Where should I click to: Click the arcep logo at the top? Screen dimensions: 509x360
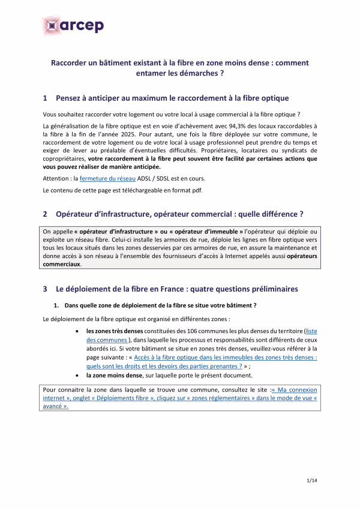(73, 26)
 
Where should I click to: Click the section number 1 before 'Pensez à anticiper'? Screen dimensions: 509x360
(46, 98)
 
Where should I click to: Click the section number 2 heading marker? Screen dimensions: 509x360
(46, 214)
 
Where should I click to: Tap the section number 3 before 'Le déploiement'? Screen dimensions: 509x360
(46, 289)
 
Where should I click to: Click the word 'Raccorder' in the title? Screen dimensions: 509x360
(69, 62)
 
